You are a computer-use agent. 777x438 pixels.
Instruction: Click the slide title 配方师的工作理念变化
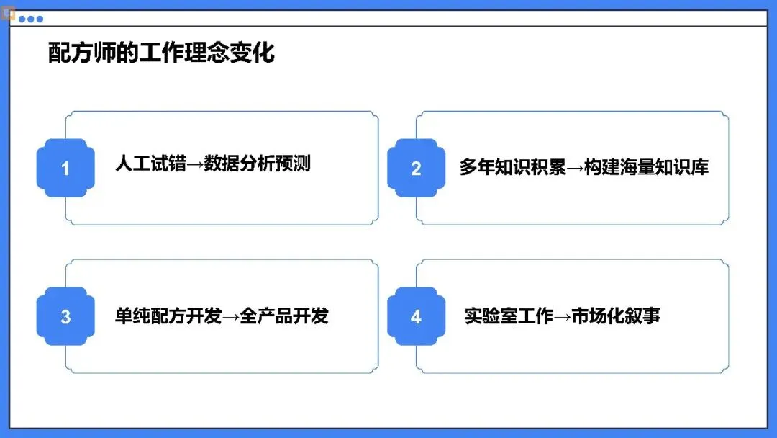[161, 53]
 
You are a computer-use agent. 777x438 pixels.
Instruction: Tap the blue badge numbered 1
[65, 169]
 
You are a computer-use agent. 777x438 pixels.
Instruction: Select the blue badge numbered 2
[416, 169]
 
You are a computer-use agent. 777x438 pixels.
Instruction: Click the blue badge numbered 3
[65, 316]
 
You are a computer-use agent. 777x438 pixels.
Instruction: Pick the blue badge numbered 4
[416, 316]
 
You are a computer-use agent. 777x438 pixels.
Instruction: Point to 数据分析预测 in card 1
[257, 164]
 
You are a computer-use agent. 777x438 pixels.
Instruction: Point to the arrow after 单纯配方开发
[230, 316]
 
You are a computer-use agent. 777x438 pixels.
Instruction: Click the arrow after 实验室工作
[562, 316]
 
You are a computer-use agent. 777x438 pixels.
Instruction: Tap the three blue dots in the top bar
[31, 19]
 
